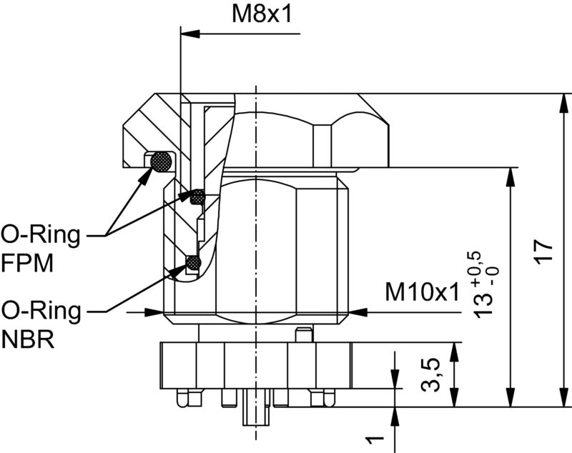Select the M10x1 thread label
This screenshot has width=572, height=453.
(x=421, y=292)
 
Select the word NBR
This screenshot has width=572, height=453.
(x=27, y=339)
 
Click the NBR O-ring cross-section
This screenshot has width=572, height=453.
(x=192, y=264)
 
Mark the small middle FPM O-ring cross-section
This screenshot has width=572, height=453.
(x=197, y=194)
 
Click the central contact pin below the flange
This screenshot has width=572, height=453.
(x=255, y=414)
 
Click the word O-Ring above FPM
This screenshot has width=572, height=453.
(x=39, y=234)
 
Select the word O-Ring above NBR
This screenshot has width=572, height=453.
(x=39, y=311)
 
